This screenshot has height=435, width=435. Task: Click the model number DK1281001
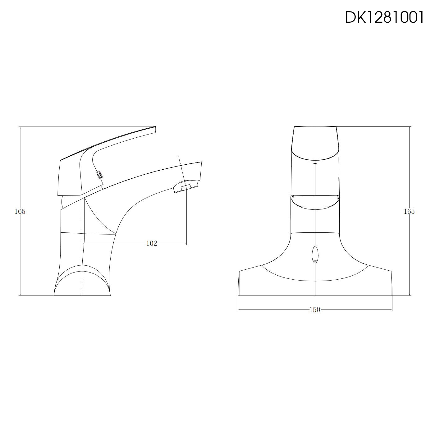point(384,18)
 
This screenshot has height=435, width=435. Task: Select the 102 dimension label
point(152,243)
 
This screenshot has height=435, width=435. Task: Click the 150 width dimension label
point(315,309)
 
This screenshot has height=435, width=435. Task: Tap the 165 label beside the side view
point(20,211)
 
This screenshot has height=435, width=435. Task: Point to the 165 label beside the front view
point(409,211)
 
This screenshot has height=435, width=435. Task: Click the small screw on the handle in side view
point(99,174)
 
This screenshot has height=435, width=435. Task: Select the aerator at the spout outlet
point(185,187)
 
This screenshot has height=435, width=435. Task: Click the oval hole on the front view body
point(315,255)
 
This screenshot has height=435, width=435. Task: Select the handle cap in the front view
point(315,143)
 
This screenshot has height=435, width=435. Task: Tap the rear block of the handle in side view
point(70,179)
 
